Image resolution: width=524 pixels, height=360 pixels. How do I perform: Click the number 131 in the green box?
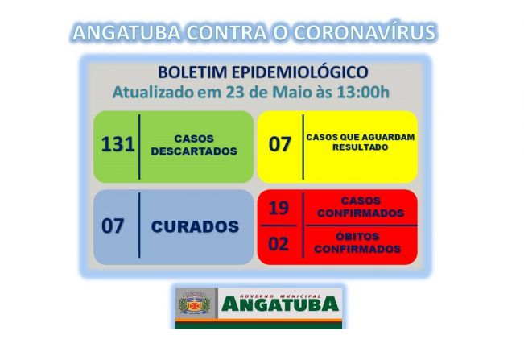[x=117, y=146]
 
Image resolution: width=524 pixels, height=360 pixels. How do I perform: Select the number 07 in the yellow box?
[x=279, y=146]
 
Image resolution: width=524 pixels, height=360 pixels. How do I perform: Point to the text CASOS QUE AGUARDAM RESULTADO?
[x=361, y=143]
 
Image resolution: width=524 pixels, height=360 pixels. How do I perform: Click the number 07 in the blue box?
[x=113, y=226]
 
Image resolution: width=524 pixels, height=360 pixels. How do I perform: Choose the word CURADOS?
[x=195, y=226]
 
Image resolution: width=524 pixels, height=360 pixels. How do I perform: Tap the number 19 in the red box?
[x=279, y=208]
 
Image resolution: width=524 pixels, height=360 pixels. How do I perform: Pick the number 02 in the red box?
[x=279, y=244]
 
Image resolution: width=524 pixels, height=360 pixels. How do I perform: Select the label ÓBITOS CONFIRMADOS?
[x=360, y=244]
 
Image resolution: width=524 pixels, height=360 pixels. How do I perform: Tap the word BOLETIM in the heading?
[x=192, y=72]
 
